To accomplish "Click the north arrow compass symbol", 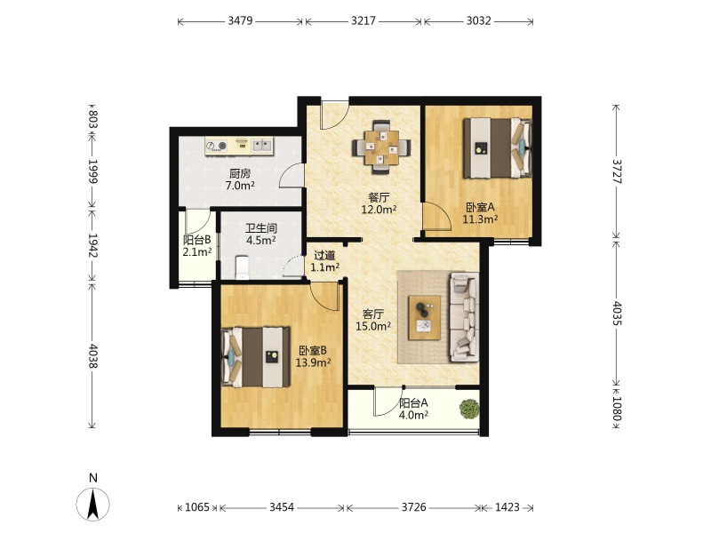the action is pyautogui.click(x=93, y=504).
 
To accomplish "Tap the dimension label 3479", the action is pyautogui.click(x=240, y=20).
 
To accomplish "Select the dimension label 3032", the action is pyautogui.click(x=478, y=20).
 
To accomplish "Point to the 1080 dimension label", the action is pyautogui.click(x=616, y=408).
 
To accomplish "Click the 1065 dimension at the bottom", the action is pyautogui.click(x=197, y=507).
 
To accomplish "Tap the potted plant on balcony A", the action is pyautogui.click(x=469, y=409).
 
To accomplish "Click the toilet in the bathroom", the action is pyautogui.click(x=242, y=267).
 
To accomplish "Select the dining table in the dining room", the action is pyautogui.click(x=382, y=147).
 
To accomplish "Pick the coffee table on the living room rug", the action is pyautogui.click(x=425, y=318).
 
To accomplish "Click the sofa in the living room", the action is pyautogui.click(x=464, y=317).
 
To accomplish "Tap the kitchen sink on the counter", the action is pyautogui.click(x=261, y=146).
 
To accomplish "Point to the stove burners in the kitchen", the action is pyautogui.click(x=216, y=146).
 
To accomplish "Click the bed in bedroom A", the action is pyautogui.click(x=497, y=147).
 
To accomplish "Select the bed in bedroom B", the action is pyautogui.click(x=255, y=357).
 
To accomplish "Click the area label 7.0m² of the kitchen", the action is pyautogui.click(x=240, y=186).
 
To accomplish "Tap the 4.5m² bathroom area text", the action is pyautogui.click(x=260, y=240).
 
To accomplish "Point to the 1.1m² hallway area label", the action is pyautogui.click(x=324, y=267).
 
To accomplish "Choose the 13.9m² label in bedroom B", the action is pyautogui.click(x=313, y=362).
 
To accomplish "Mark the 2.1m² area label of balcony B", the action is pyautogui.click(x=197, y=252).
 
